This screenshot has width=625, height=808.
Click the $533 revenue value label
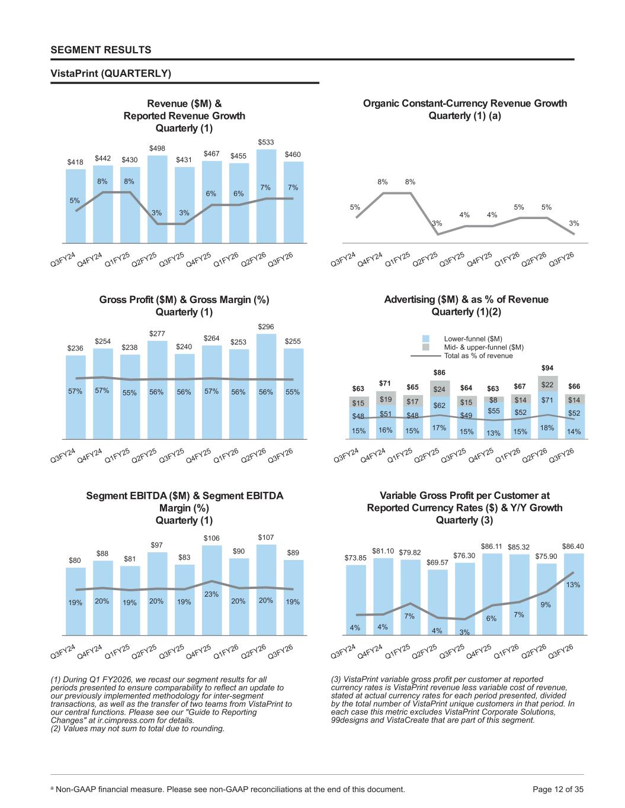point(266,142)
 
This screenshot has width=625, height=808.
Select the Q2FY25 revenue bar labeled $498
point(158,199)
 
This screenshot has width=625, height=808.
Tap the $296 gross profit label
point(266,327)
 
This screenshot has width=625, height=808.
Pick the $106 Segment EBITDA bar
point(211,590)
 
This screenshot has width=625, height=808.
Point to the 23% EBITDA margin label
point(211,594)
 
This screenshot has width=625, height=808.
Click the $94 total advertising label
point(547,368)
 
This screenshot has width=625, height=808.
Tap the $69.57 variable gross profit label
point(437,562)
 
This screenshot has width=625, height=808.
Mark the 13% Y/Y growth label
point(573,584)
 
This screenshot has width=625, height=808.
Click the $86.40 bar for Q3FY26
point(574,594)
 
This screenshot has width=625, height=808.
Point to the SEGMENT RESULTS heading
point(101,50)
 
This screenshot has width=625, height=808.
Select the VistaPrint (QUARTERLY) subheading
point(111,73)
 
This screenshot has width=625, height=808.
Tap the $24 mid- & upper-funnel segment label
point(440,389)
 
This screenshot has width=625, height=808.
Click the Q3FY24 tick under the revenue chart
point(63,260)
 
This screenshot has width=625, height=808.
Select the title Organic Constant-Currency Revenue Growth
point(465,104)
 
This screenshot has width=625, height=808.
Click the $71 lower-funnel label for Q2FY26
point(547,400)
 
